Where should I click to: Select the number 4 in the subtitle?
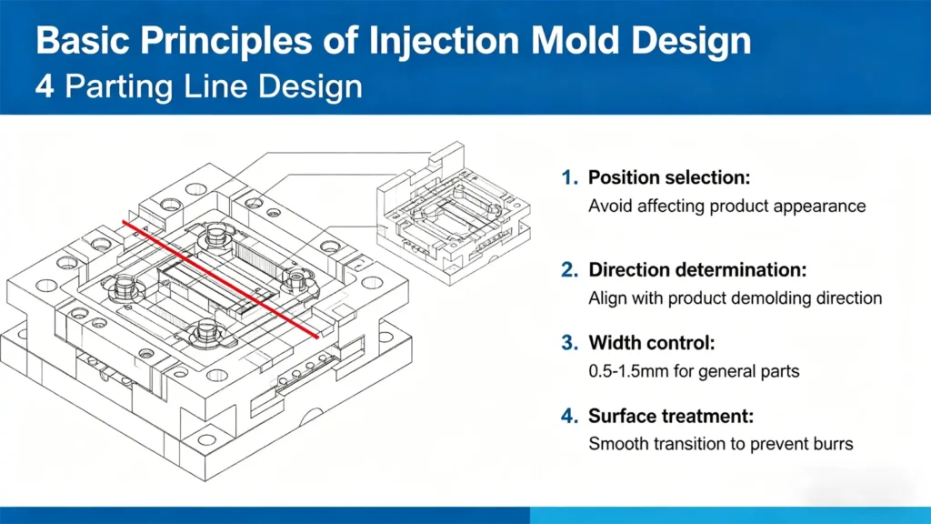45,86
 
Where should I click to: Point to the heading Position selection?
669,177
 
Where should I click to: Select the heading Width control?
652,343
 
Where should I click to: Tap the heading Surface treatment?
672,417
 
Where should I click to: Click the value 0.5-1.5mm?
631,371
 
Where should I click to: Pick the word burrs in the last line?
832,445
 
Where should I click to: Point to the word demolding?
770,298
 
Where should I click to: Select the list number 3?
569,343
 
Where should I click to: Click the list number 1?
569,177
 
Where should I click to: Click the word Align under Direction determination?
608,298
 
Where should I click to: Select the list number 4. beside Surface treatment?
569,417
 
